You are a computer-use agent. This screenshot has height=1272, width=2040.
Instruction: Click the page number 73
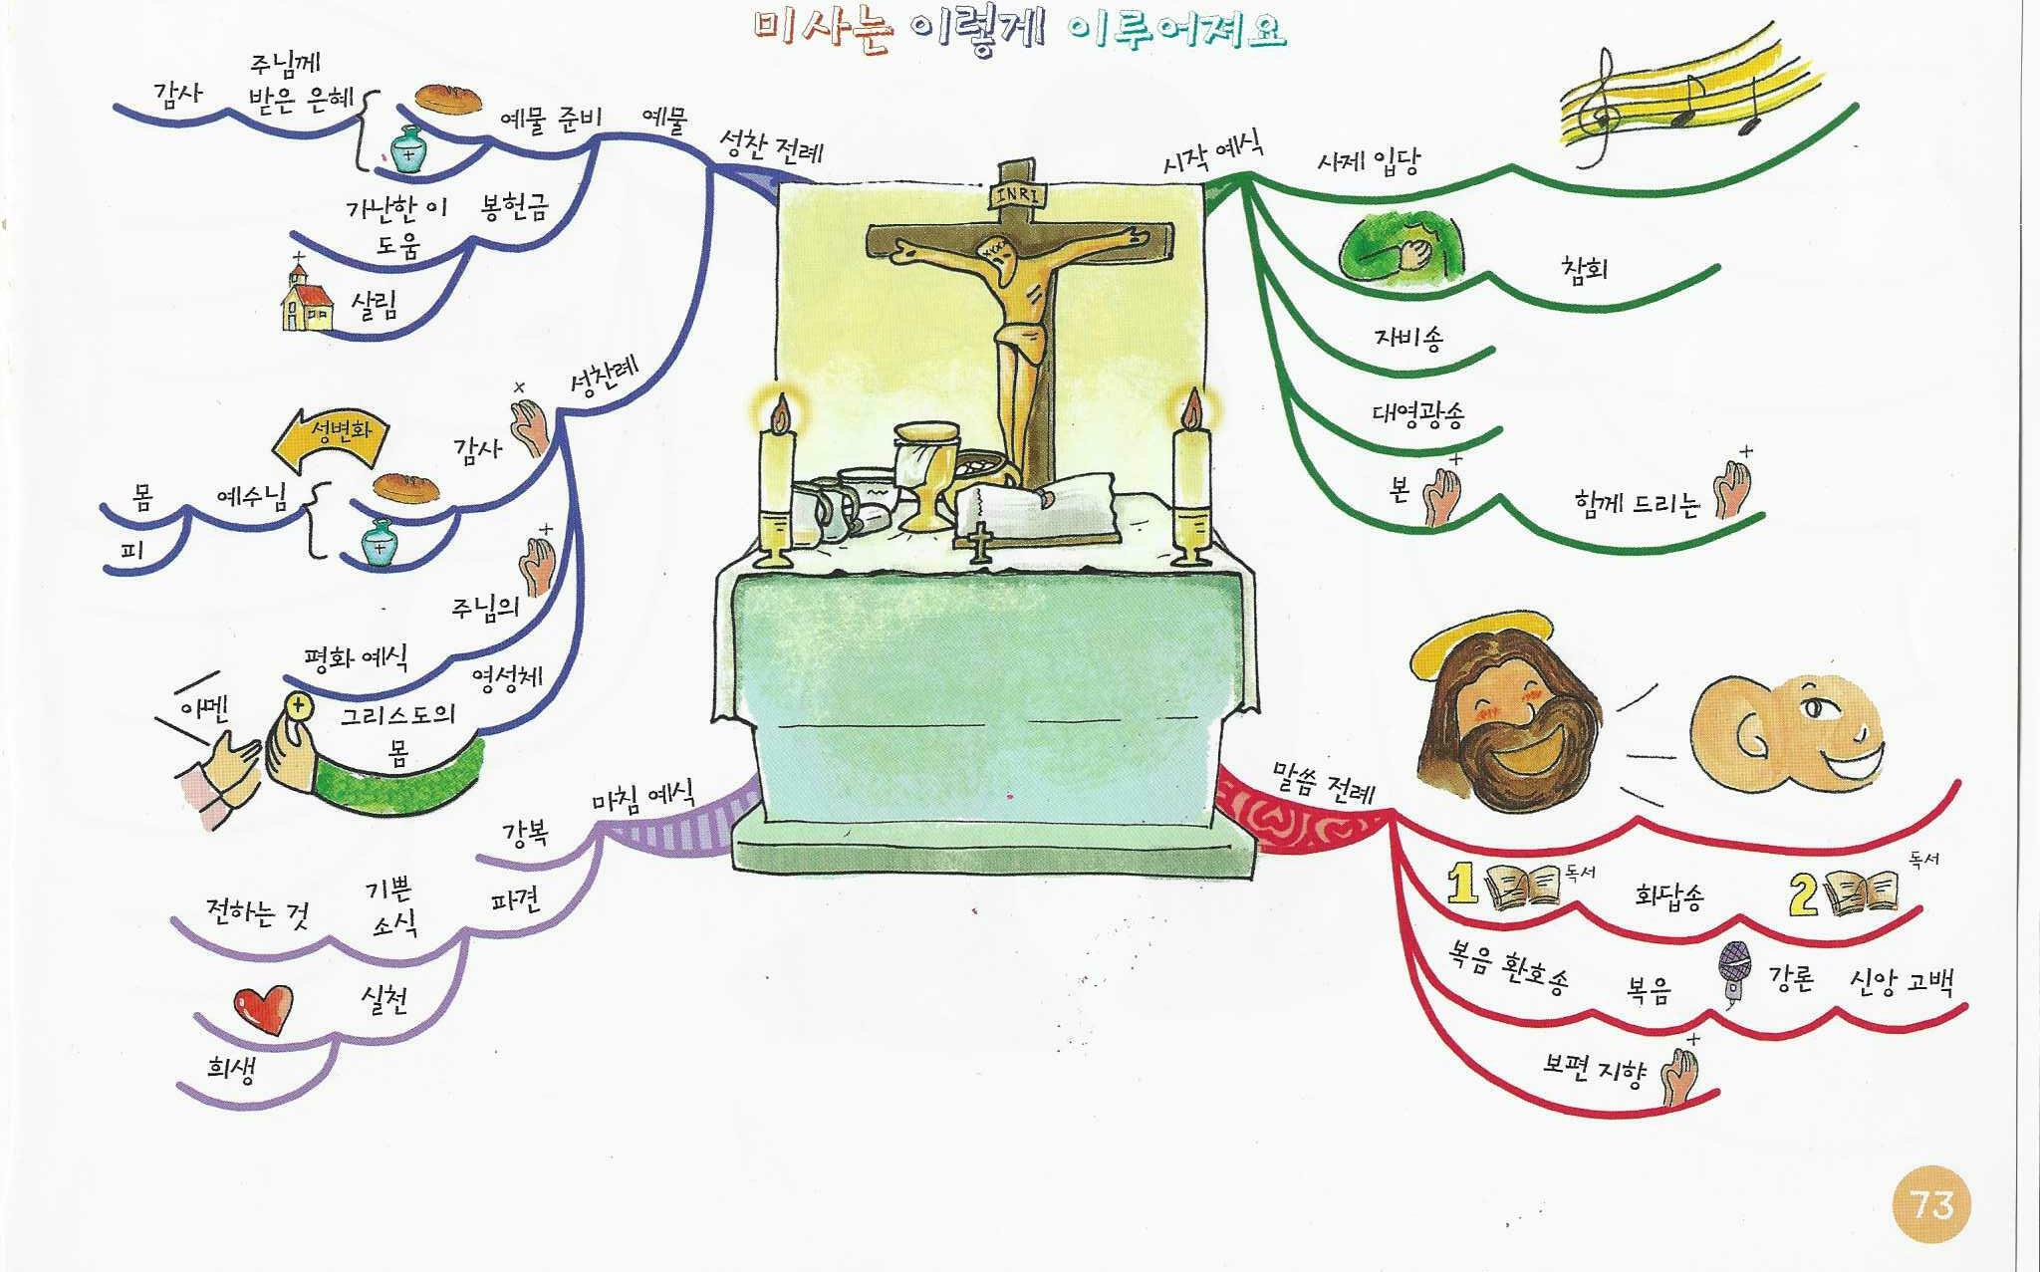(x=1932, y=1206)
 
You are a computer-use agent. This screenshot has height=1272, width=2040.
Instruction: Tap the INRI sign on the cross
(x=1016, y=195)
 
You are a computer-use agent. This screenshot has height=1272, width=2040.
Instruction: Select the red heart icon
(x=263, y=1008)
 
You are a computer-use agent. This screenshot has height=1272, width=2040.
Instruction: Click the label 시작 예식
(x=1213, y=153)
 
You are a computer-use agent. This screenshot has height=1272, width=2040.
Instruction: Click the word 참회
(x=1584, y=268)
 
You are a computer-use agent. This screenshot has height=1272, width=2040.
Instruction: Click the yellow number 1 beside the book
(x=1461, y=883)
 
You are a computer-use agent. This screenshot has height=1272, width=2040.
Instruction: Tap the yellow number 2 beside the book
(x=1804, y=893)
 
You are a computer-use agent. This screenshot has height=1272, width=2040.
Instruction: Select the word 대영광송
(x=1418, y=411)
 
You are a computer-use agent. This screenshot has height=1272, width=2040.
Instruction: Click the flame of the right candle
(x=1191, y=406)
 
